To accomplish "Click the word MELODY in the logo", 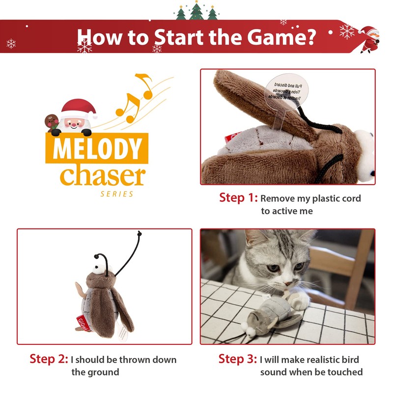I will (x=97, y=149).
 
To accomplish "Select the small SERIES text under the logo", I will (x=117, y=194).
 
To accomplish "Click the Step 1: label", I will (x=238, y=198).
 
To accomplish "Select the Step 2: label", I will (x=49, y=360).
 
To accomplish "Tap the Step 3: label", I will (x=238, y=360).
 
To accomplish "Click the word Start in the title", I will (x=179, y=37).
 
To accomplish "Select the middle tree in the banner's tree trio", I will (x=196, y=11).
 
